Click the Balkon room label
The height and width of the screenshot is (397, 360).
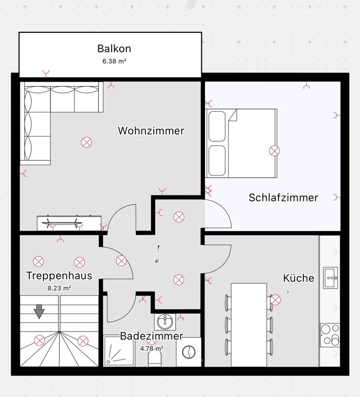click(114, 48)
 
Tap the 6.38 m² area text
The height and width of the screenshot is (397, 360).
click(114, 61)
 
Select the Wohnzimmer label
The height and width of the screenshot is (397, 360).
click(151, 131)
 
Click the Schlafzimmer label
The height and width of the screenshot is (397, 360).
click(283, 198)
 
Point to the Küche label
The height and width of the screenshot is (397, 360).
click(298, 278)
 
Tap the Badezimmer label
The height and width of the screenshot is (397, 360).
click(151, 336)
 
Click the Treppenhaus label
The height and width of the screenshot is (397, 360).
click(59, 275)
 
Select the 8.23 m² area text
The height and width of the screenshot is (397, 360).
click(59, 289)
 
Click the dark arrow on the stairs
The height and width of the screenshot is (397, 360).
click(39, 311)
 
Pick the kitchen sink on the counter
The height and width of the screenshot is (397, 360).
click(331, 277)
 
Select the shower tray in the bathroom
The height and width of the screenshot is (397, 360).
click(119, 351)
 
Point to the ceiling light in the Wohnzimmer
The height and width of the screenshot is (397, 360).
click(86, 143)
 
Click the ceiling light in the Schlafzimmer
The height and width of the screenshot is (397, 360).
click(274, 151)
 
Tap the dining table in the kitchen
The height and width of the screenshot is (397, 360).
click(249, 320)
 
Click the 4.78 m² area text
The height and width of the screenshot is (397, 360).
click(151, 349)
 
